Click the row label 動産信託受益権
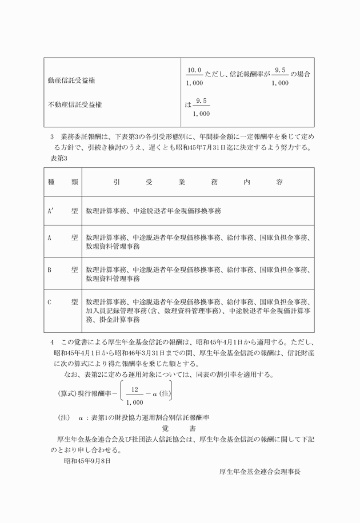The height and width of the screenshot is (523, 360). pos(71,81)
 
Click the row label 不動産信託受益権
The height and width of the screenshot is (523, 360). pos(75,104)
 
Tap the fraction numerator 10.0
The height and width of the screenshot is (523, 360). pos(195,70)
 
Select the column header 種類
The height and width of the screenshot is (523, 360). pos(63,182)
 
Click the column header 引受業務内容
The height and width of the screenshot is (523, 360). pos(198,182)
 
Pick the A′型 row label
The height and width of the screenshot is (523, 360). pos(63,211)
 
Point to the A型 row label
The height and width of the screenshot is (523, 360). pos(63,237)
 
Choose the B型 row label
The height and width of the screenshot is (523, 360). pos(63,269)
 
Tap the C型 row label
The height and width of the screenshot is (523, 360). pos(63,301)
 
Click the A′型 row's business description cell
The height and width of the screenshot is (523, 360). pos(153,211)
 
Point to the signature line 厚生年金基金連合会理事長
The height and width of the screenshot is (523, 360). pos(260,472)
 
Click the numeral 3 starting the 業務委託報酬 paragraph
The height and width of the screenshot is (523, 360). pos(52,138)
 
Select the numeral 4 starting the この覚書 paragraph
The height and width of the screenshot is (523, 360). pos(52,342)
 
